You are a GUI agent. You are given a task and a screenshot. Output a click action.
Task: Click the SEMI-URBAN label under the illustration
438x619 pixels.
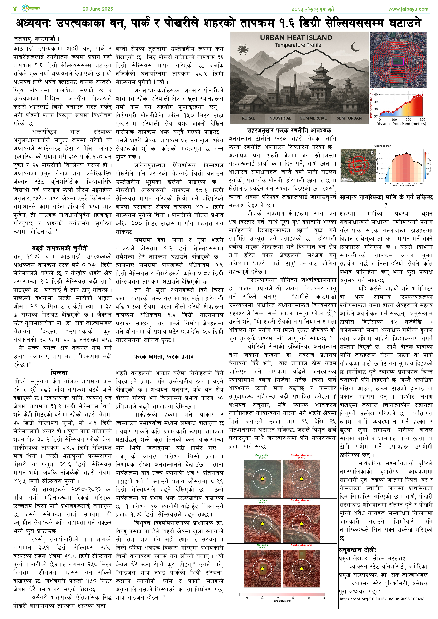coord(349,118)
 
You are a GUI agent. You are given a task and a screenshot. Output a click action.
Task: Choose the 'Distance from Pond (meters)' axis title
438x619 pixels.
coord(401,124)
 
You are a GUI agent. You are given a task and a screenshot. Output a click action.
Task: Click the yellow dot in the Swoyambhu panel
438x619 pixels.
coord(262,479)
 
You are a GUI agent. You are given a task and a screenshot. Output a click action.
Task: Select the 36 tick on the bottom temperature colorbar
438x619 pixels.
coord(278,598)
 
